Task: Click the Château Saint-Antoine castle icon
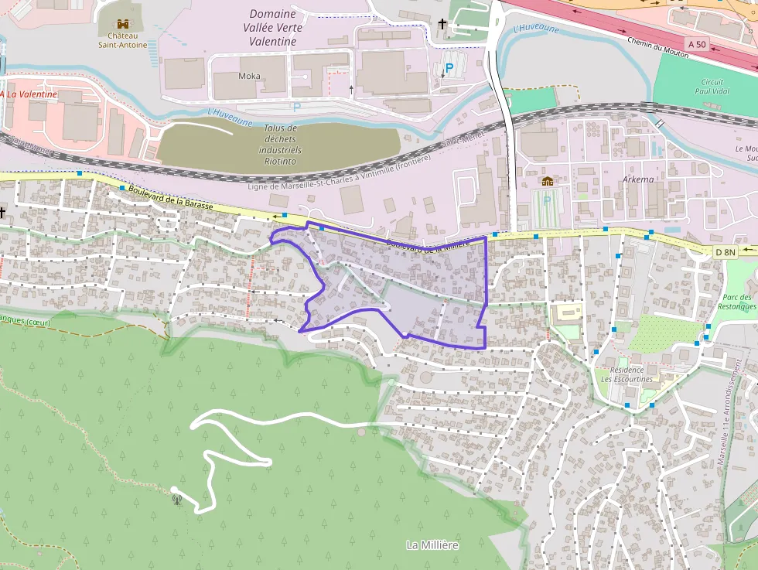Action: [121, 24]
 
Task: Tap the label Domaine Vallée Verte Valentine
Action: [273, 28]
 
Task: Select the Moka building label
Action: [249, 76]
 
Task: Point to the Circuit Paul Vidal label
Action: [712, 87]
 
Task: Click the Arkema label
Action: [637, 179]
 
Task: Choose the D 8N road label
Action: [725, 251]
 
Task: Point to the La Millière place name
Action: [432, 545]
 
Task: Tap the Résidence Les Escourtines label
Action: [627, 374]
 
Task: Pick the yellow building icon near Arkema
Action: [548, 181]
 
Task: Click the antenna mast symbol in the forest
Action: [177, 498]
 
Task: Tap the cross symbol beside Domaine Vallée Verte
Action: [442, 24]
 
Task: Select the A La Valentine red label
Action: [29, 94]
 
